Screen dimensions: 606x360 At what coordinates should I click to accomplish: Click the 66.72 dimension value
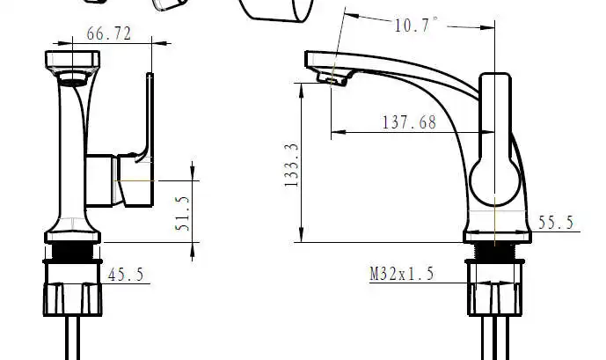(109, 33)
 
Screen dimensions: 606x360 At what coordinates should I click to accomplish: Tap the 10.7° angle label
(417, 25)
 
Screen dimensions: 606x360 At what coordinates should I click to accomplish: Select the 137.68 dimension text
(410, 122)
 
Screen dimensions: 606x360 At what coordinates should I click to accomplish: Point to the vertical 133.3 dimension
(292, 165)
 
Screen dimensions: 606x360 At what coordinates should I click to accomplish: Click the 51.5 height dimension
(182, 214)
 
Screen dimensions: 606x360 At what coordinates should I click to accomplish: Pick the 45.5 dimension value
(126, 275)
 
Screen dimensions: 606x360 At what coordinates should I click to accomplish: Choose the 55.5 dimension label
(556, 223)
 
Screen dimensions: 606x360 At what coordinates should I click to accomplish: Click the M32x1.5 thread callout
(402, 274)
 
